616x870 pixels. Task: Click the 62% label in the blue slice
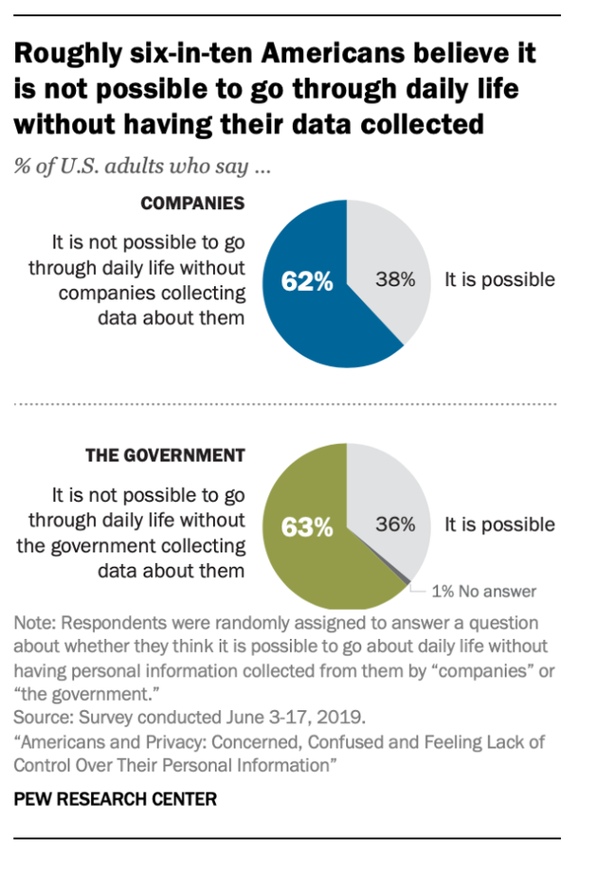click(x=307, y=281)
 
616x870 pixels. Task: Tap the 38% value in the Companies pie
click(x=393, y=279)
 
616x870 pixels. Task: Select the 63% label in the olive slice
click(x=307, y=526)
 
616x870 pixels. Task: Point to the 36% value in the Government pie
click(x=394, y=524)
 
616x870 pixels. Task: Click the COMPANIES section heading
click(x=192, y=203)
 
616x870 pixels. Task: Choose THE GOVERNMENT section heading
click(x=165, y=455)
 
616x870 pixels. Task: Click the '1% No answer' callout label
click(x=483, y=592)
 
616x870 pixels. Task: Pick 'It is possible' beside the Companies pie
click(x=499, y=279)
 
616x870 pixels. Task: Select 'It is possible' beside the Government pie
click(x=499, y=524)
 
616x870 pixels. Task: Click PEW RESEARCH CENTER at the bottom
click(x=115, y=799)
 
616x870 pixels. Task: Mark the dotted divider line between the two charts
click(x=284, y=404)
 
